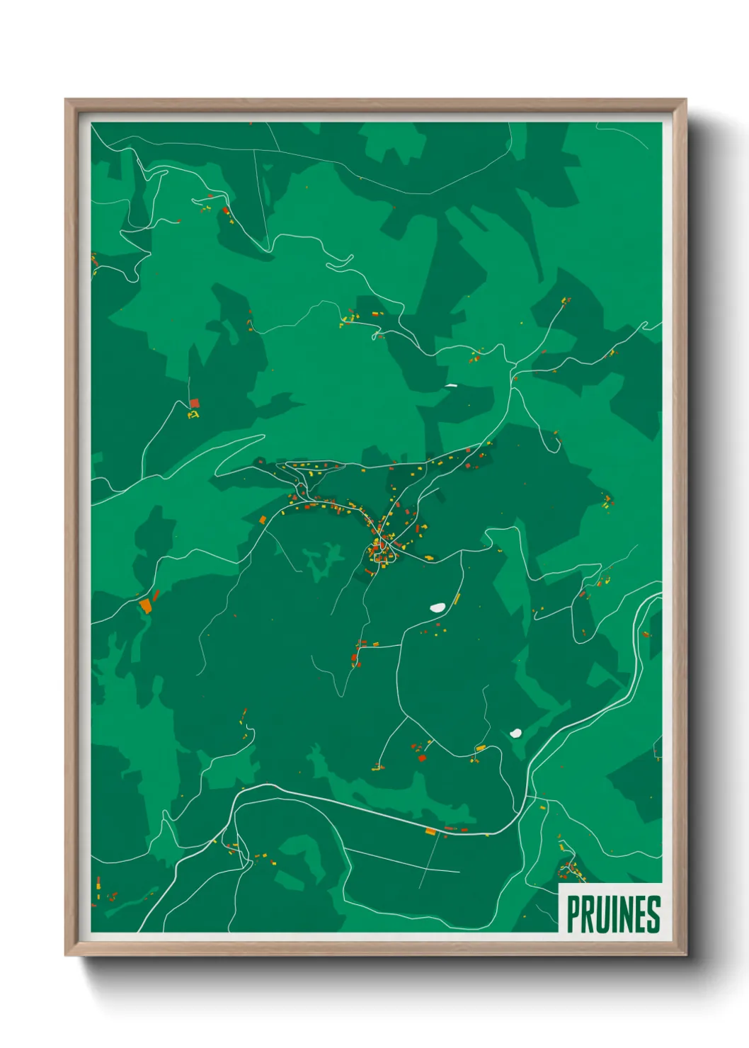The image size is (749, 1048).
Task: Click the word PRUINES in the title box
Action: [x=613, y=914]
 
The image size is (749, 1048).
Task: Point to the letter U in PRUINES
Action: [x=601, y=914]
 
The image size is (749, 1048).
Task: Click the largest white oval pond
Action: [x=438, y=608]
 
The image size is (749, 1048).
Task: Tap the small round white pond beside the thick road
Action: [x=515, y=734]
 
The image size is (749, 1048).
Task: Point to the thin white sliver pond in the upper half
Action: [x=450, y=386]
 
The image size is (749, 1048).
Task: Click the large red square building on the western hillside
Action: [x=195, y=404]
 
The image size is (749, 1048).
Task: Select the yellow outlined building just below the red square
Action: [x=193, y=414]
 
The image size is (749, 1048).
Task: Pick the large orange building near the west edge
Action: [x=145, y=605]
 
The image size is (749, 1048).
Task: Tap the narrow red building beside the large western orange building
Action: [x=156, y=596]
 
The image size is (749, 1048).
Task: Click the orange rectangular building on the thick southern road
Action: [x=430, y=831]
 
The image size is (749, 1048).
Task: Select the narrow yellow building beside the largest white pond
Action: [x=457, y=600]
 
